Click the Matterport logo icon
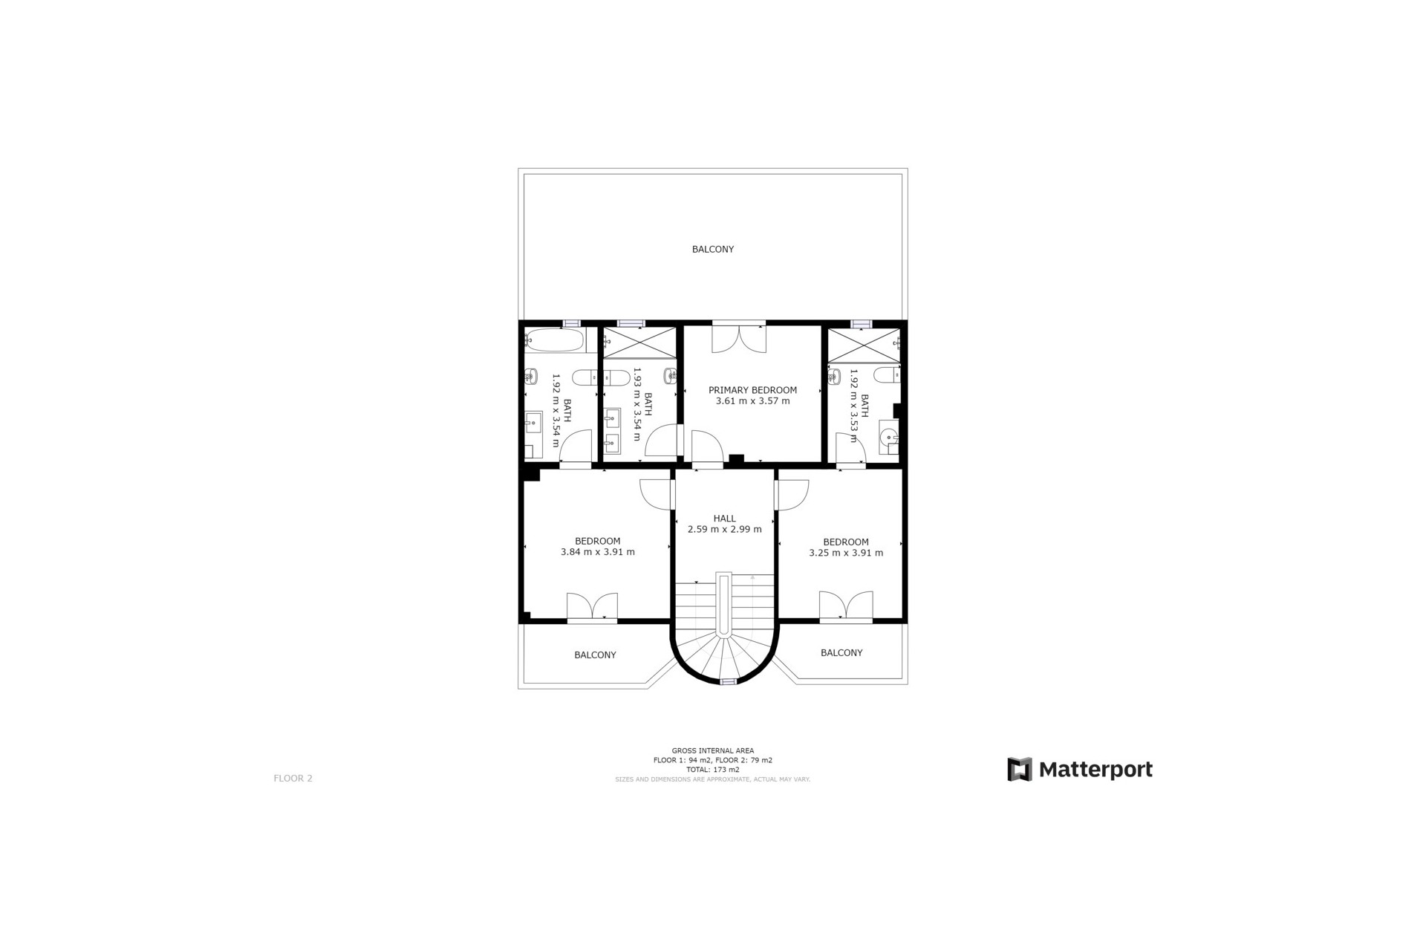point(1019,769)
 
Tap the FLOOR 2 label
point(293,778)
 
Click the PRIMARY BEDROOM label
point(752,389)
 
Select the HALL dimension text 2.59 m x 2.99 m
point(724,529)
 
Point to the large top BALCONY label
point(712,249)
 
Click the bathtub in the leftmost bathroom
point(554,340)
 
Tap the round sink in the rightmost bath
point(888,436)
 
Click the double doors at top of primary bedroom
point(738,338)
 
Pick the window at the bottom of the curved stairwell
point(728,681)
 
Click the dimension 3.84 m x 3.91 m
point(597,552)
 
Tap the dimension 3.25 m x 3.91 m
point(845,553)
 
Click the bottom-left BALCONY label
point(595,655)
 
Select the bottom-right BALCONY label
point(841,652)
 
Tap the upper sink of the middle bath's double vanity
point(612,419)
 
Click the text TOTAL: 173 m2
point(712,770)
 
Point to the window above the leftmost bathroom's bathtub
point(570,323)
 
